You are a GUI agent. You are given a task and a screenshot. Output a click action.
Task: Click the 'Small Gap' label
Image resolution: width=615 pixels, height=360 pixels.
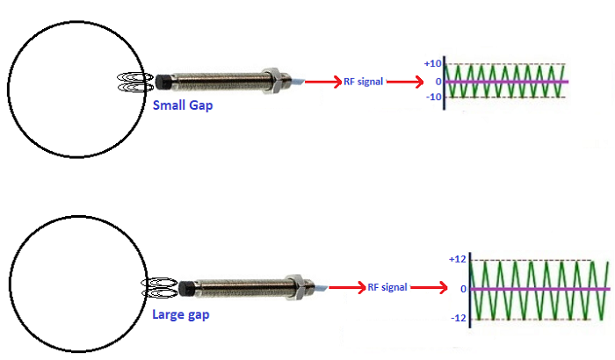point(183,105)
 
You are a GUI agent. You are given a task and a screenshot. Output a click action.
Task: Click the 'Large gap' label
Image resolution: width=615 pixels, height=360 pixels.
point(180,313)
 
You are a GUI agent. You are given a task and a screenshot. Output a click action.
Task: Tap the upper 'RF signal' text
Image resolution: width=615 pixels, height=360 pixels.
point(364,82)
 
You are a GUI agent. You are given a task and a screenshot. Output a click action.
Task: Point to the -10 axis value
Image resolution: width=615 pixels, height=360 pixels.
point(431,97)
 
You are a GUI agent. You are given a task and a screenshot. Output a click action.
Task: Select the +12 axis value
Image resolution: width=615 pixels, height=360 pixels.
point(456,260)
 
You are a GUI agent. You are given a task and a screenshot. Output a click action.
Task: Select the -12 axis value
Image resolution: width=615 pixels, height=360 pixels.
point(456,318)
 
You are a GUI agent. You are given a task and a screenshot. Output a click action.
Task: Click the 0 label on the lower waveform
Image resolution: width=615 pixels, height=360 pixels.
point(461,289)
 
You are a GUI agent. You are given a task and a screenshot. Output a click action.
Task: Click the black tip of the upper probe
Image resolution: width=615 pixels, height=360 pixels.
point(163,83)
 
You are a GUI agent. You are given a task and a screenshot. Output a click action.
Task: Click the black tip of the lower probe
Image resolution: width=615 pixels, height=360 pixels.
point(187,288)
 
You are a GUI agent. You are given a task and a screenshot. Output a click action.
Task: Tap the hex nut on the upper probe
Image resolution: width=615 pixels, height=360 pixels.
point(275,80)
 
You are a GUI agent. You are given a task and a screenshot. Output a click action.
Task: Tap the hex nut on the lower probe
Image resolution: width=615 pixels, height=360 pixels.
point(300,286)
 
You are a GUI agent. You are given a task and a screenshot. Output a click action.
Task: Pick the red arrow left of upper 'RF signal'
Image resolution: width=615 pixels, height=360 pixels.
point(322,82)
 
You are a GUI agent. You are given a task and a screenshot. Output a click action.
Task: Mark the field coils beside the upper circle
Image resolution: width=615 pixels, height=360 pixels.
point(135,83)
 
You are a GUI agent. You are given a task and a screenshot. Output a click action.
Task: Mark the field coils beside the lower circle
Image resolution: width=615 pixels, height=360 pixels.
point(160,287)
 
